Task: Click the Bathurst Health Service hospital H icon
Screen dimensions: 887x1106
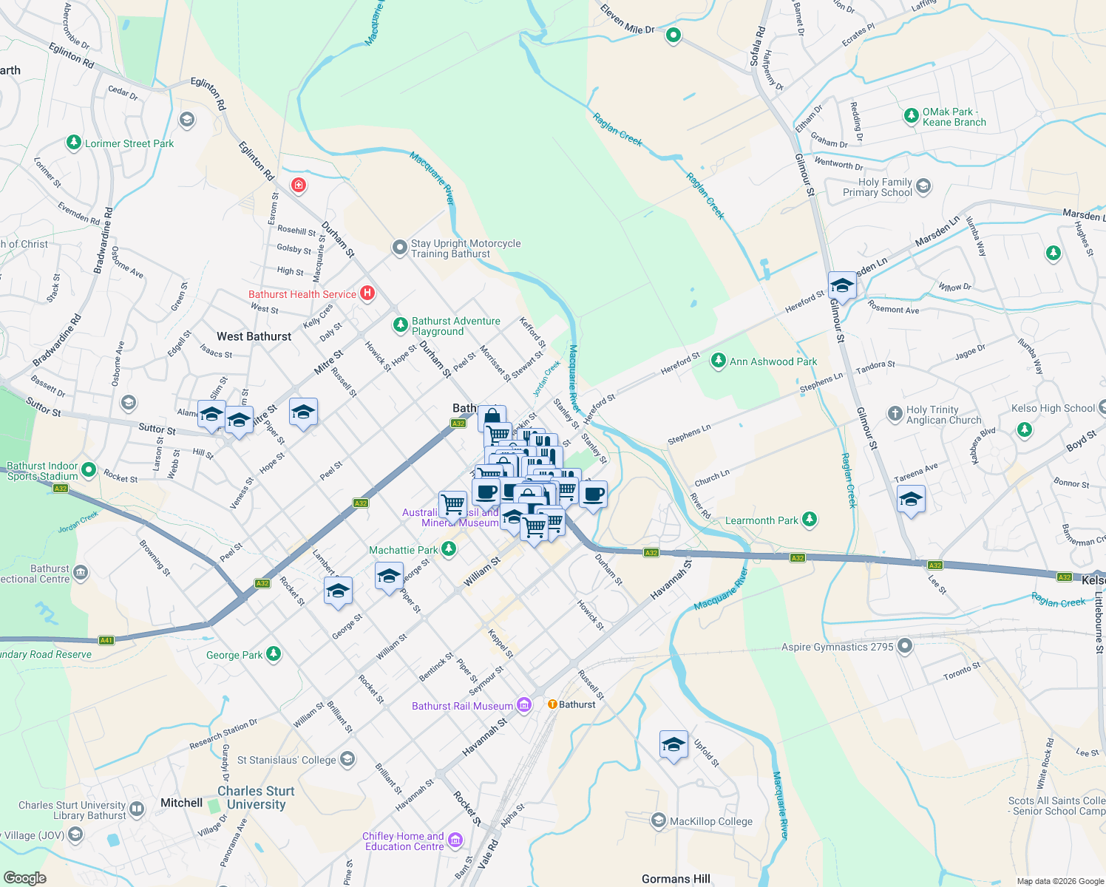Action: (x=367, y=293)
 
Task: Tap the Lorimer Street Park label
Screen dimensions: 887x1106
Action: (x=129, y=143)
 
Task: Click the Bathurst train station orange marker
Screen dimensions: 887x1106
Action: (x=552, y=704)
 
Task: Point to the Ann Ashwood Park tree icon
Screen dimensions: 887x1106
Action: (x=718, y=361)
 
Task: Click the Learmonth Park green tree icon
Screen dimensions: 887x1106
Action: (x=810, y=520)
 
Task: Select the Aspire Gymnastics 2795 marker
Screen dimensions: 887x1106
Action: (x=905, y=647)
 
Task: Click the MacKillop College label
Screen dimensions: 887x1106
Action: (x=710, y=821)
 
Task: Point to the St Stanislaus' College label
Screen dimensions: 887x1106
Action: (x=286, y=760)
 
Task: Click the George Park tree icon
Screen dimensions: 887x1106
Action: (x=274, y=654)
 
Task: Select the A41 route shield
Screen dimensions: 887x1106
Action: (x=106, y=640)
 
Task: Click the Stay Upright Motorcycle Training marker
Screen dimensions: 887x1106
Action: (x=400, y=248)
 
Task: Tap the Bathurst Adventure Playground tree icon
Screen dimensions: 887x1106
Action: (x=400, y=325)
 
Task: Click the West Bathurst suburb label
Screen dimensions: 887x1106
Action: (x=254, y=336)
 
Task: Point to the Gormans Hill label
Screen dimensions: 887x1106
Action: (x=676, y=879)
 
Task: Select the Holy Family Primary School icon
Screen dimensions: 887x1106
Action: (x=923, y=187)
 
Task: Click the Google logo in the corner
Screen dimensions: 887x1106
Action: (x=25, y=877)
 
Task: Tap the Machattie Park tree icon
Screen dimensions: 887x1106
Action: (x=448, y=549)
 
